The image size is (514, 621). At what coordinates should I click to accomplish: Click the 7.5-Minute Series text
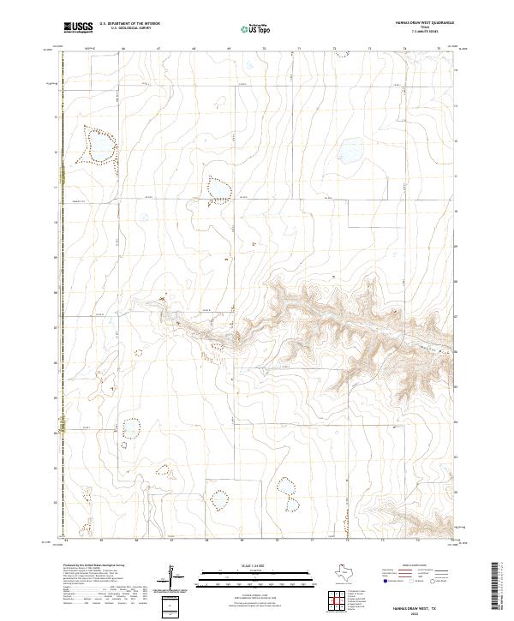tap(426, 33)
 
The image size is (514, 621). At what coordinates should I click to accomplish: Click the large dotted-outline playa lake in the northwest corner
tap(96, 146)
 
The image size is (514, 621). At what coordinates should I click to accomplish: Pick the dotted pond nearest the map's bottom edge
tap(220, 499)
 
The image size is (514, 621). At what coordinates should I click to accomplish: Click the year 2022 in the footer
tap(426, 610)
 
